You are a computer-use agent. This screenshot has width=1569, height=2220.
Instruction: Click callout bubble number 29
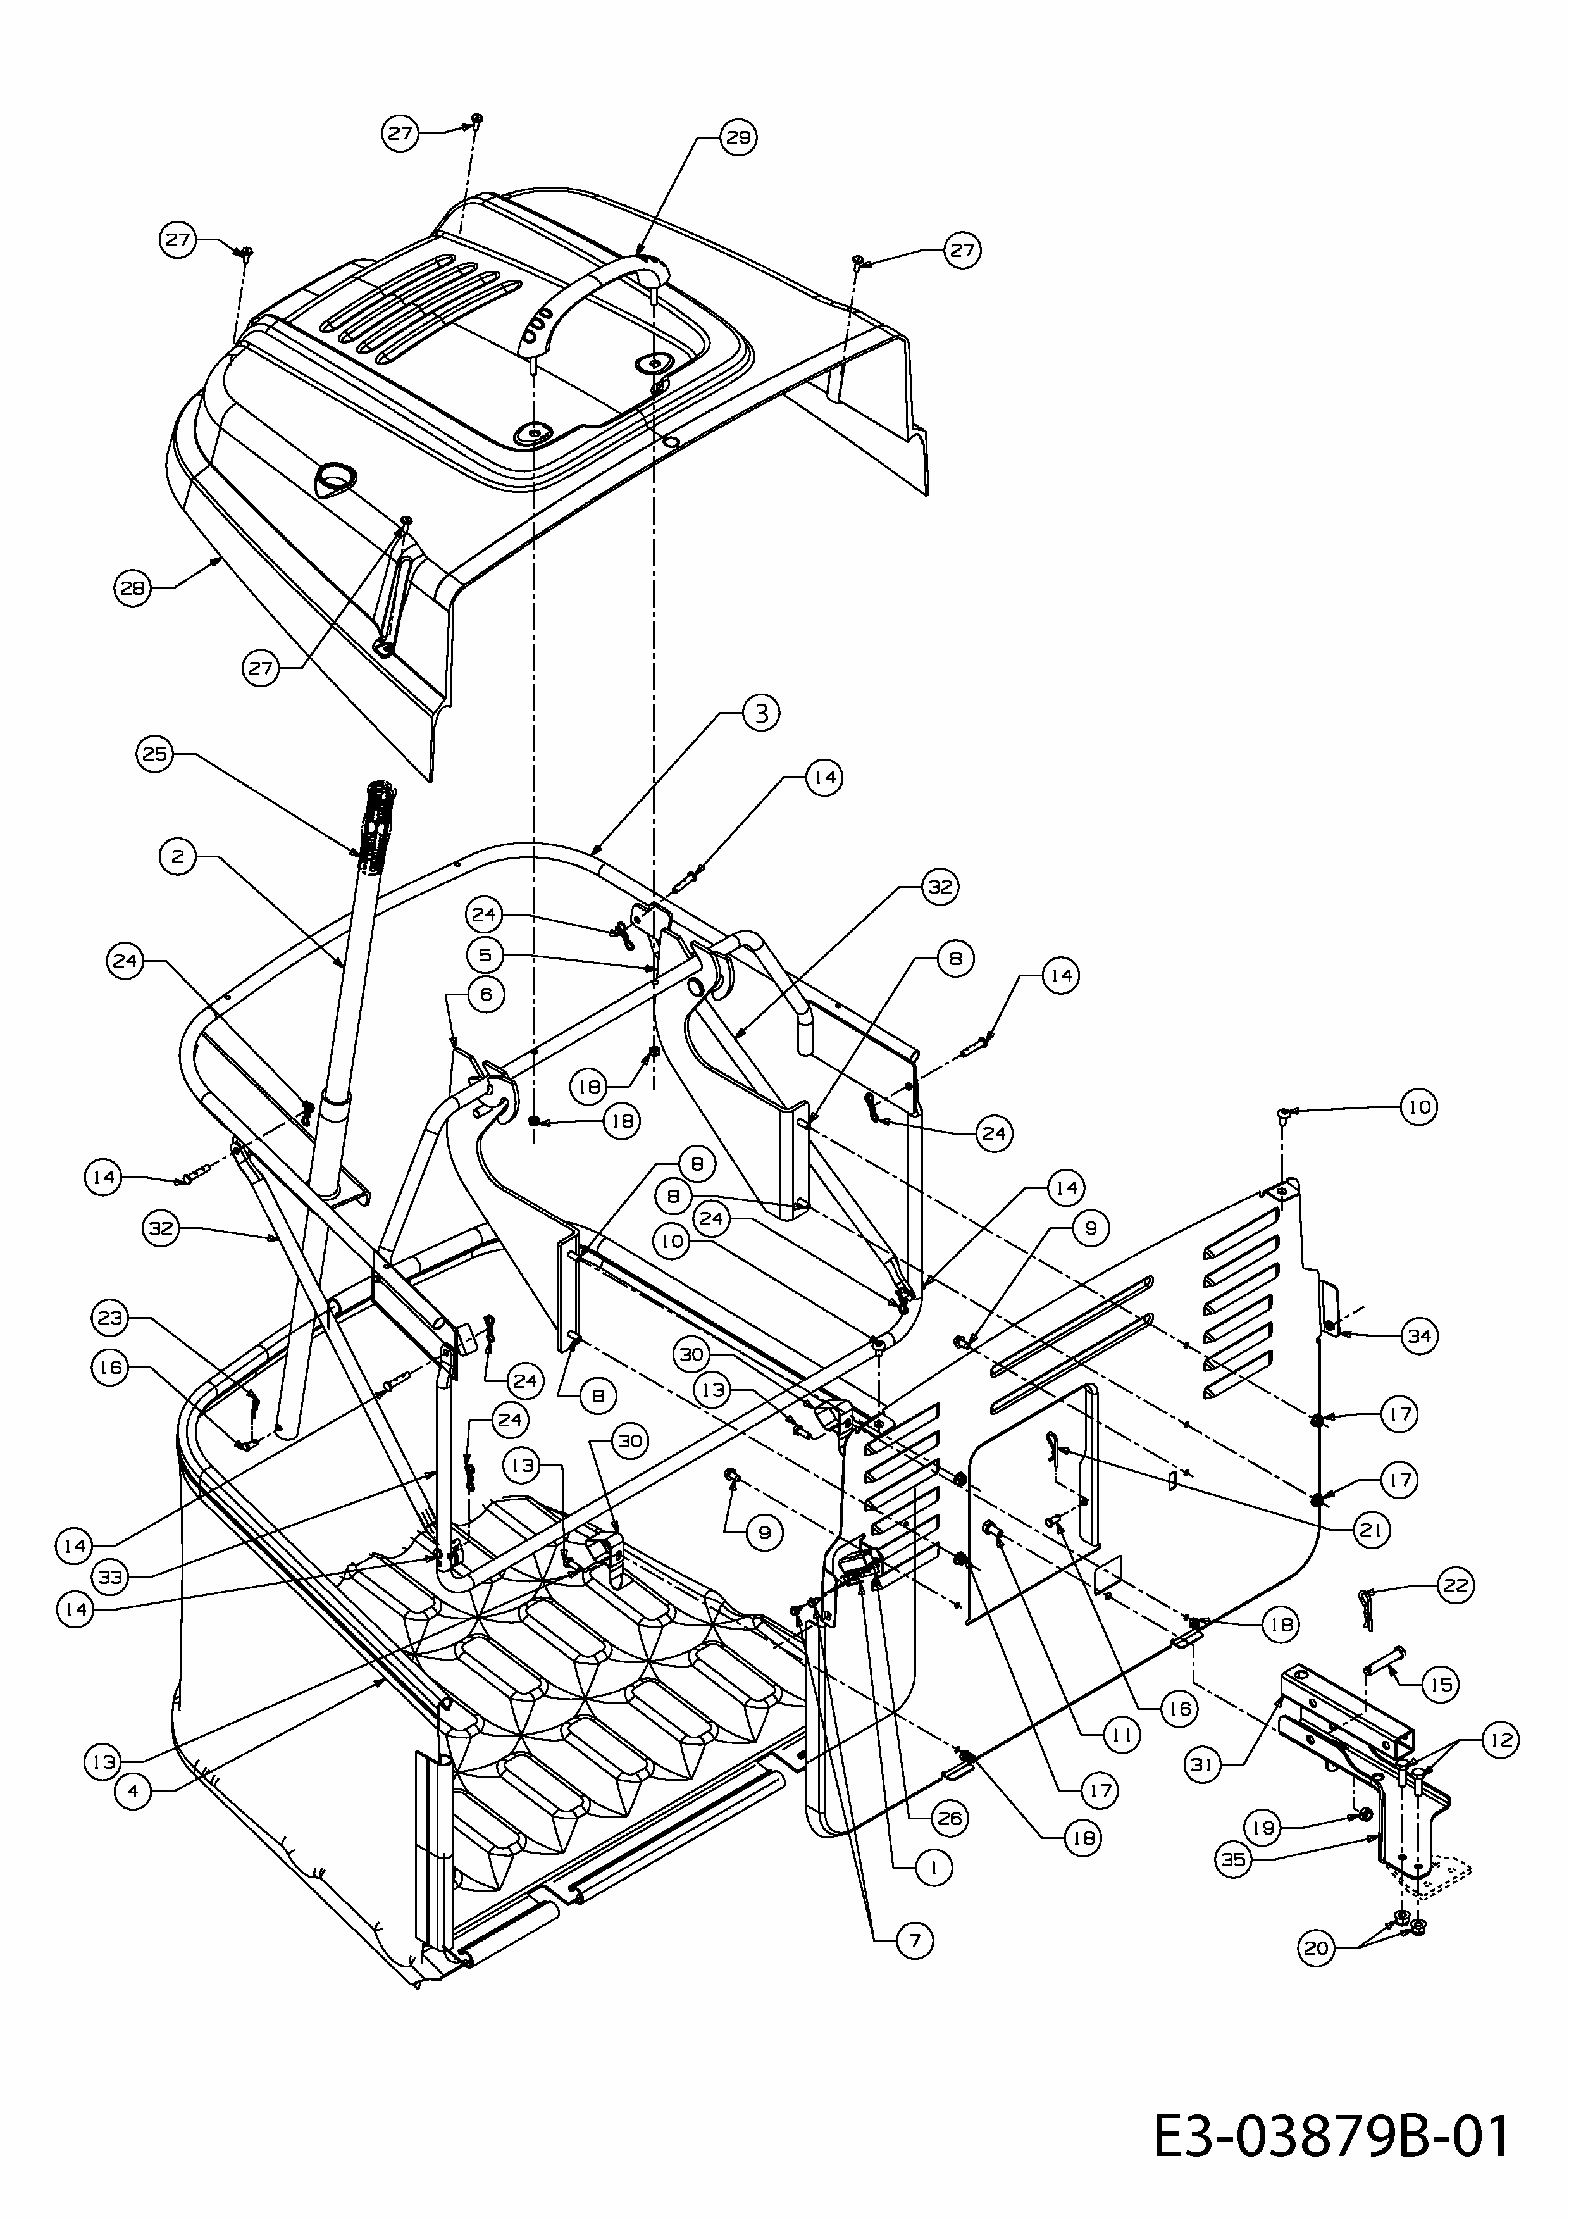click(x=738, y=138)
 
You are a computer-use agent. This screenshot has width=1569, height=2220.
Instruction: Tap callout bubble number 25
click(x=154, y=754)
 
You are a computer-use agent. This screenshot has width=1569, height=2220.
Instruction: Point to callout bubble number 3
click(x=762, y=714)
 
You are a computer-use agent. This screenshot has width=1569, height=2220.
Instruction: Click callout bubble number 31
click(x=1201, y=1764)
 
